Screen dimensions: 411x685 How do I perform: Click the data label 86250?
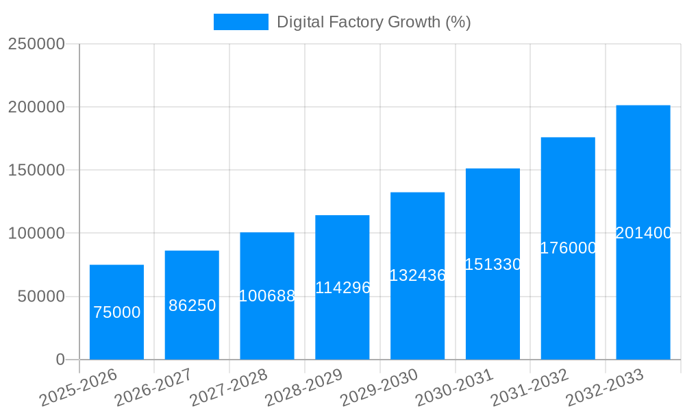[192, 306]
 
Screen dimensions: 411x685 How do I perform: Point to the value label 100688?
[267, 296]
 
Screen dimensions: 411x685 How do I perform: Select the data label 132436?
[418, 275]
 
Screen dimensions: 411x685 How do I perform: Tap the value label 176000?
[569, 248]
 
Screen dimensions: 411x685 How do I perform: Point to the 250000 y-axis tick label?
[36, 45]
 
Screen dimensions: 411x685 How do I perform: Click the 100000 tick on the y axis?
[36, 234]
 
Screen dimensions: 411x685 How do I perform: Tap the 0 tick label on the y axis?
[60, 360]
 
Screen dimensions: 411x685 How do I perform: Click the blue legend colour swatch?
[241, 22]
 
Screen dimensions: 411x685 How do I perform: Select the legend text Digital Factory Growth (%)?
[373, 22]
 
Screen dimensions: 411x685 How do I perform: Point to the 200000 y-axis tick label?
[36, 108]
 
